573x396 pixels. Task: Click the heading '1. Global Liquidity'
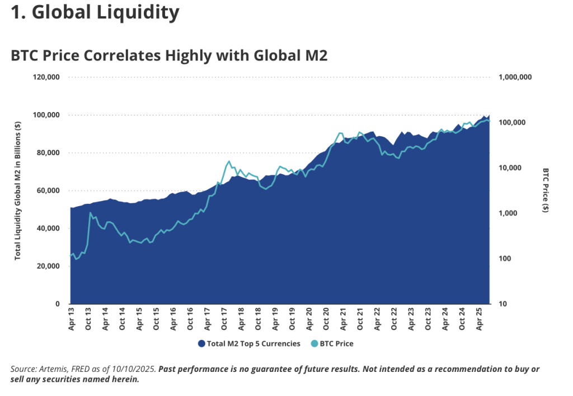95,12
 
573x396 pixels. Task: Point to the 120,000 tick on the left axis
46,77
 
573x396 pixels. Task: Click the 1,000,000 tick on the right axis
514,77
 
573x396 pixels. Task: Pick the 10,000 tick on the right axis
510,168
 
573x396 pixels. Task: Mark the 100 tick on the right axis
505,259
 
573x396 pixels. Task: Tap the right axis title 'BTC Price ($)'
545,190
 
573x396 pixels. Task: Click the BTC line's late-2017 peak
228,161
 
